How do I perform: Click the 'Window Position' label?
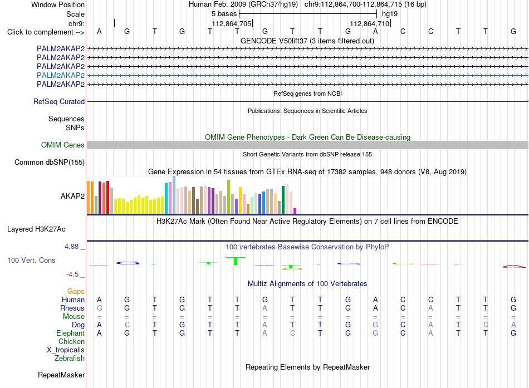coord(58,4)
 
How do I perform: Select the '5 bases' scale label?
coord(224,14)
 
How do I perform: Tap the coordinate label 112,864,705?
coord(232,23)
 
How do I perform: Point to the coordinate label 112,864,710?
coord(369,23)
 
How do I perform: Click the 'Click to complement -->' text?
coord(46,32)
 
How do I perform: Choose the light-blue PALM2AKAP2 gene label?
coord(61,75)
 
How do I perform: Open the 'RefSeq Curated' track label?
coord(59,101)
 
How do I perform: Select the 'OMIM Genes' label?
coord(63,145)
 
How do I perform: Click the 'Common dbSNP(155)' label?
coord(50,163)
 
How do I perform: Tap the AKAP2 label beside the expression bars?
coord(72,196)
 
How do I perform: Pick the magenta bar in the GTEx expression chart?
coord(295,211)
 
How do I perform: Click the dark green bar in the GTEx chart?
coord(283,200)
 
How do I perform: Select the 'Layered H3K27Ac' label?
coord(36,229)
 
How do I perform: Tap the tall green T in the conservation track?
coord(236,261)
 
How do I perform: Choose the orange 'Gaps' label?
coord(76,292)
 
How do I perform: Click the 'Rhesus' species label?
coord(72,308)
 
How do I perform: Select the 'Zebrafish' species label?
coord(70,358)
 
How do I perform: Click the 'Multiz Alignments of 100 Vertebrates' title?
coord(307,284)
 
